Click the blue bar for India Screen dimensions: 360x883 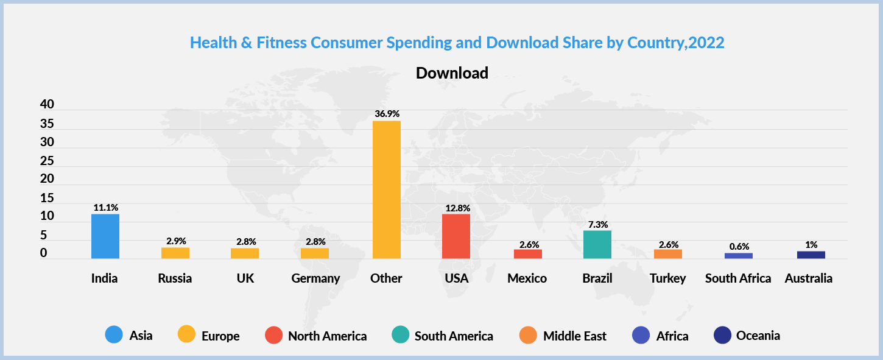pyautogui.click(x=105, y=236)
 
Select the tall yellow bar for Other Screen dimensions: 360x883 pyautogui.click(x=386, y=189)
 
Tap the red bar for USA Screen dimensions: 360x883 pyautogui.click(x=456, y=236)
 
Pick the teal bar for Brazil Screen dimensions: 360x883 pyautogui.click(x=597, y=244)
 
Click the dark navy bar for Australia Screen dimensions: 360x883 pyautogui.click(x=811, y=255)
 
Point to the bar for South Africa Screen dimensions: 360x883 pyautogui.click(x=738, y=256)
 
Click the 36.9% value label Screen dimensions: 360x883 pyautogui.click(x=387, y=114)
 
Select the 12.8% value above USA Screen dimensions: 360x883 pyautogui.click(x=457, y=208)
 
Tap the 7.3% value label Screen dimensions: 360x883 pyautogui.click(x=597, y=224)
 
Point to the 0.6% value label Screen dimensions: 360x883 pyautogui.click(x=738, y=247)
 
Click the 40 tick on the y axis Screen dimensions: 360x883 pyautogui.click(x=47, y=105)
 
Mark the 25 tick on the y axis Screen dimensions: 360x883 pyautogui.click(x=47, y=161)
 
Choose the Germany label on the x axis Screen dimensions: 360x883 pyautogui.click(x=315, y=278)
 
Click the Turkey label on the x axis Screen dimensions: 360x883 pyautogui.click(x=667, y=278)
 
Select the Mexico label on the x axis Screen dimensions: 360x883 pyautogui.click(x=527, y=278)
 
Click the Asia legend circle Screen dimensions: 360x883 pyautogui.click(x=114, y=335)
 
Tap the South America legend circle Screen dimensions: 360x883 pyautogui.click(x=399, y=335)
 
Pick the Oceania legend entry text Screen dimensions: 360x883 pyautogui.click(x=758, y=335)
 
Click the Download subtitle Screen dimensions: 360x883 pyautogui.click(x=452, y=73)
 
